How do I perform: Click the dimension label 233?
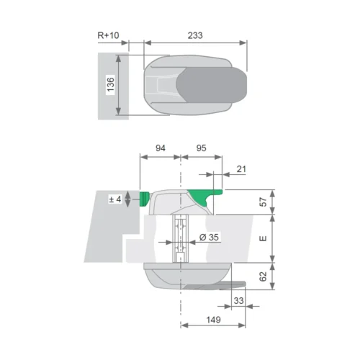pos(195,35)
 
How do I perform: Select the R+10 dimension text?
pos(108,35)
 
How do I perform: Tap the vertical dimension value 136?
pos(111,84)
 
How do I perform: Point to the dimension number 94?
pos(161,148)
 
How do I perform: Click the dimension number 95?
pos(201,148)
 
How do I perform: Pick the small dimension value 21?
pos(241,169)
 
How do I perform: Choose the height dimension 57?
pos(264,202)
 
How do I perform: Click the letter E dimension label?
pos(264,238)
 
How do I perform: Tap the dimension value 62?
pos(264,276)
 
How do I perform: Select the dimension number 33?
pos(238,300)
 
